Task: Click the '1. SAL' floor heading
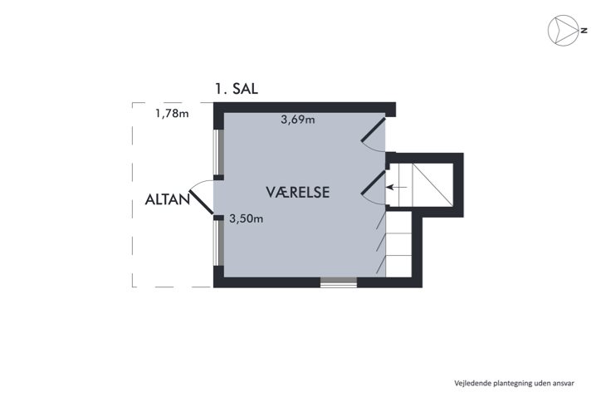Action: (237, 89)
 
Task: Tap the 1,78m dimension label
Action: (172, 113)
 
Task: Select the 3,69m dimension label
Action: (298, 120)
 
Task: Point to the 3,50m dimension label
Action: (247, 218)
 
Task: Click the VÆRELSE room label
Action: (298, 193)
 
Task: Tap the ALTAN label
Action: (167, 199)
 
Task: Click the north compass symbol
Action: (563, 31)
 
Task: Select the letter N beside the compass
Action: (584, 31)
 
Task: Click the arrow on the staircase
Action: (397, 187)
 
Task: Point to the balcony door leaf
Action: (202, 202)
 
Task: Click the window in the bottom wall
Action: (339, 282)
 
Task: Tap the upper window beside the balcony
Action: (218, 152)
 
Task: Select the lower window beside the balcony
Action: (218, 243)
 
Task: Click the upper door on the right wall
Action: (374, 130)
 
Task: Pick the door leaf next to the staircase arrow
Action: (374, 183)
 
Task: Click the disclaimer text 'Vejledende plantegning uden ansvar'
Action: (515, 384)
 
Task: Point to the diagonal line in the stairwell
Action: (433, 185)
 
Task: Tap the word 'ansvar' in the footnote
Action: (564, 384)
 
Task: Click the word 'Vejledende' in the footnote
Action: (472, 384)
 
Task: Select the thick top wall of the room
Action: (305, 108)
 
